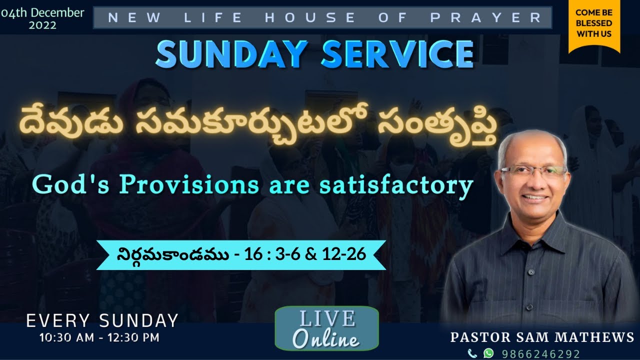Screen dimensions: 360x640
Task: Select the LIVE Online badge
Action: tap(326, 328)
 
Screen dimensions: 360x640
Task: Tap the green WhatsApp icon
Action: tap(488, 353)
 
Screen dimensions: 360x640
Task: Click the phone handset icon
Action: tap(472, 353)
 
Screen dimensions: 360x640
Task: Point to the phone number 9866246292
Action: tap(541, 353)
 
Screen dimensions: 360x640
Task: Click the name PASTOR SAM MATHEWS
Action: tap(542, 337)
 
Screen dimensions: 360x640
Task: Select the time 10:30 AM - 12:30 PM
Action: tap(99, 337)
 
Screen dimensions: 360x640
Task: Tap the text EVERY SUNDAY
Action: tap(102, 320)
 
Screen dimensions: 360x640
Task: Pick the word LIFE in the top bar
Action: tap(214, 17)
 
